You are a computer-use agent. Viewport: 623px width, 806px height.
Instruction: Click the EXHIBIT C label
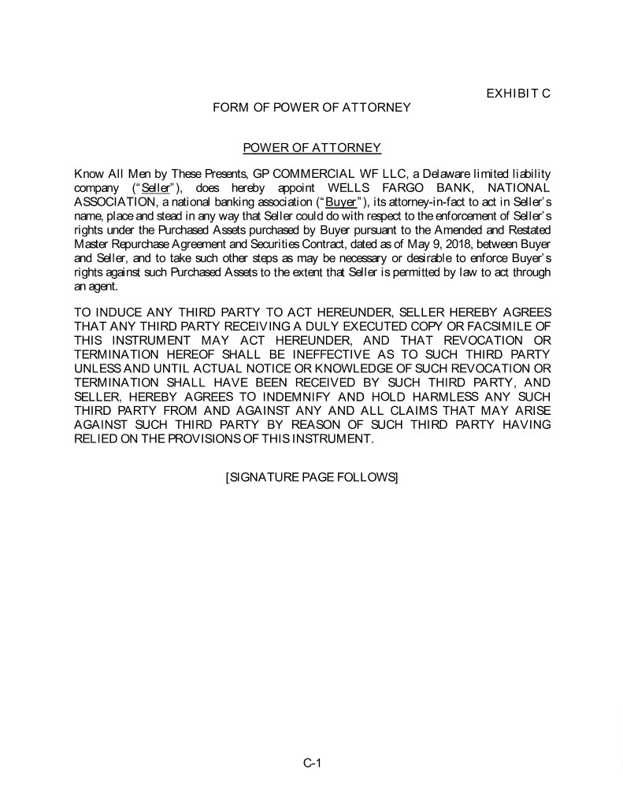517,93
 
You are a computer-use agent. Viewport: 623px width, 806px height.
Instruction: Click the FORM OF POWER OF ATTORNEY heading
311,107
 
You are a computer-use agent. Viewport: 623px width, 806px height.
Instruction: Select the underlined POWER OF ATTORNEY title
312,148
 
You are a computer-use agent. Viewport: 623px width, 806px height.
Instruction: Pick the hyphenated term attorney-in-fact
422,201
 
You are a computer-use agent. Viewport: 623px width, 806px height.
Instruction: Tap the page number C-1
312,762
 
